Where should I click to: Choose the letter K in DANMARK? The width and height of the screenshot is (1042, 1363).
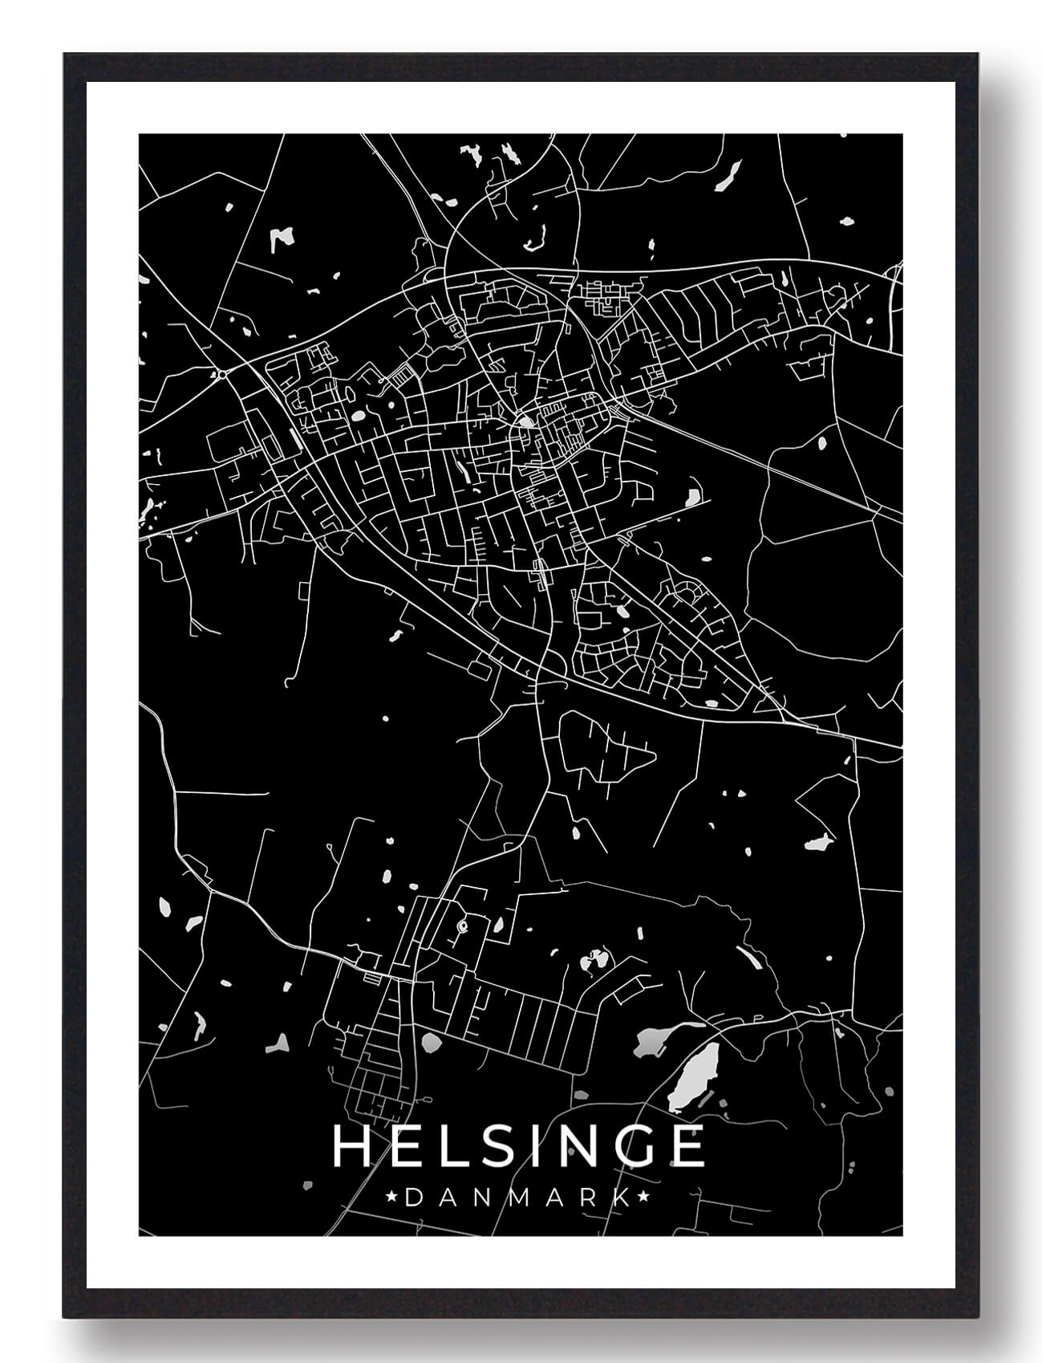pyautogui.click(x=621, y=1198)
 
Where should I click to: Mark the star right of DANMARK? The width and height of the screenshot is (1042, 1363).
pyautogui.click(x=643, y=1198)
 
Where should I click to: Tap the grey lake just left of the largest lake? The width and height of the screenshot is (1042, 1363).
pyautogui.click(x=651, y=1043)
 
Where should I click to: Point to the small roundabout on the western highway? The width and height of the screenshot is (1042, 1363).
pyautogui.click(x=220, y=372)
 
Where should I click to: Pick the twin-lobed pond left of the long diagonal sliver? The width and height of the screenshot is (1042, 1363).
pyautogui.click(x=595, y=958)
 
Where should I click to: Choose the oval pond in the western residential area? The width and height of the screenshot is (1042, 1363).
pyautogui.click(x=356, y=417)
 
